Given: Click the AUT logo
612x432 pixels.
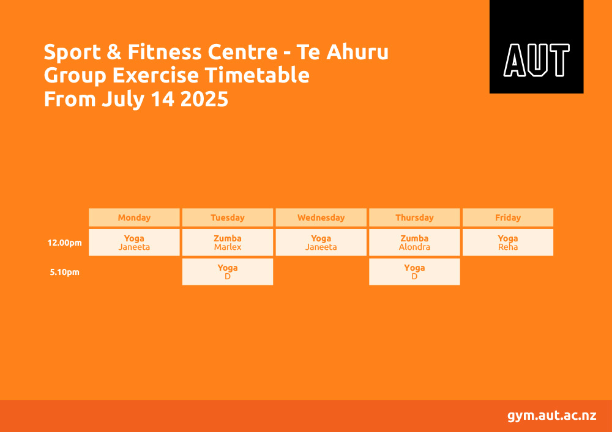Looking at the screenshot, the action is [536, 47].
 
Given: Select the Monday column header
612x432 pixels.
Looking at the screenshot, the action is [134, 218].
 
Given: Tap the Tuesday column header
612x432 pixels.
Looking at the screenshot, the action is [228, 218].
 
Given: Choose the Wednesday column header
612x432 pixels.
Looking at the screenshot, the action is [321, 218].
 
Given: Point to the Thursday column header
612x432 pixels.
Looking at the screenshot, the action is [414, 218].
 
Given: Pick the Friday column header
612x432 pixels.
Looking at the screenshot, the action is [508, 218].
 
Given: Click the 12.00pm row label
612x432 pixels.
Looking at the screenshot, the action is [65, 243].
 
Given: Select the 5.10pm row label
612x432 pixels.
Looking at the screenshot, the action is [65, 272].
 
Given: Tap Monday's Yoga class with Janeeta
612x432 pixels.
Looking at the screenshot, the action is [134, 243].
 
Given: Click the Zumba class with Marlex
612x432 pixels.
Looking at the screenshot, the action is [228, 243].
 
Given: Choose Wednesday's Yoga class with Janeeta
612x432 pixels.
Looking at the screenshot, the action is [321, 243].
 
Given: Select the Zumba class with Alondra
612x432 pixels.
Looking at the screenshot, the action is [414, 243].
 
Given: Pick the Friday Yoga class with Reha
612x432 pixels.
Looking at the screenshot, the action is [508, 243].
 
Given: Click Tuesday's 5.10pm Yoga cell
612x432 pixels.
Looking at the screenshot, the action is [228, 272].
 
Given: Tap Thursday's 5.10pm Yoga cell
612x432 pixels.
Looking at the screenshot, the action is [414, 272].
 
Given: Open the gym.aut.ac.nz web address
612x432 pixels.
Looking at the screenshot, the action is [552, 416].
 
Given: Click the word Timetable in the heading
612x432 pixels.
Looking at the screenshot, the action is [257, 75].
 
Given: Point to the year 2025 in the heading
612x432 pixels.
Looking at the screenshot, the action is [204, 99].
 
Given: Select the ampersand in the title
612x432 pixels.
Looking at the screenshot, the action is [114, 52].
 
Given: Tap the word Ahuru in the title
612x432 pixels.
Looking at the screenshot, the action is [357, 52].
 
